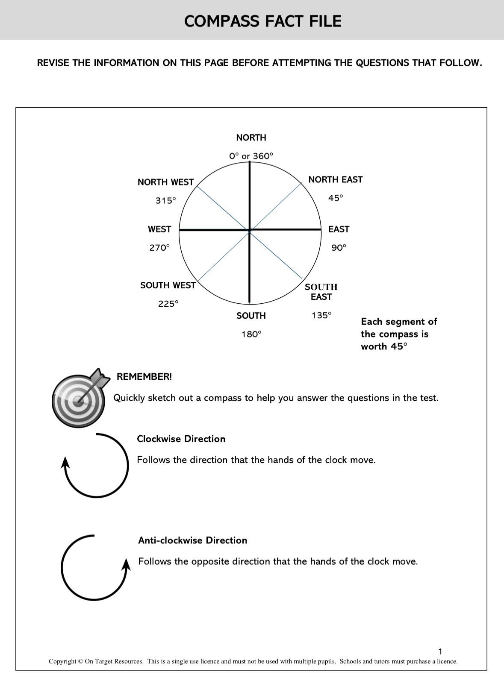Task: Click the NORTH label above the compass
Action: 251,138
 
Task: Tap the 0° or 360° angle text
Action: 251,156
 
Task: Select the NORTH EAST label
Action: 335,179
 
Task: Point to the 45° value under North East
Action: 336,198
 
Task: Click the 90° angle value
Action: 339,248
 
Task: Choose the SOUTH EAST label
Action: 321,292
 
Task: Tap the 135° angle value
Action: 321,315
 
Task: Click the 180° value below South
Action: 251,334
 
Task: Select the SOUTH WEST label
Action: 168,285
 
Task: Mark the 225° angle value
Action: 168,304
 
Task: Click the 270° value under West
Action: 159,248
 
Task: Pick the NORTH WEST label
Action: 165,182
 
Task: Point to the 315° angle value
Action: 165,200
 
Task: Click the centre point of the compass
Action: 250,230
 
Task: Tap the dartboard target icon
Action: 79,398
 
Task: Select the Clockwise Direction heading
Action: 181,439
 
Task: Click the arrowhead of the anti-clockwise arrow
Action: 126,564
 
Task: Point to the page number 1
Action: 441,651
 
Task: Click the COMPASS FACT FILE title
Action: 262,21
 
